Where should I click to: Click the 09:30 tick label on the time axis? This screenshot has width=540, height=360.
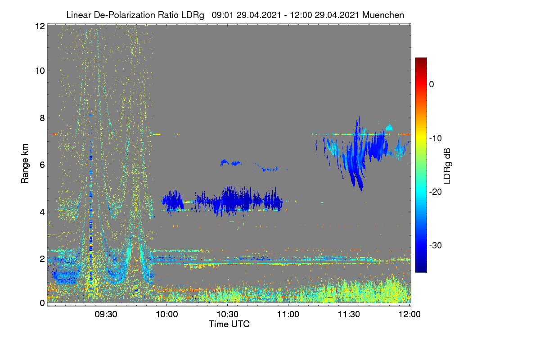click(x=106, y=314)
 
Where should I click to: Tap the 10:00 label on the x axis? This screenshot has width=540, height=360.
click(x=167, y=314)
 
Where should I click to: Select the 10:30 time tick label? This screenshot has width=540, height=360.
click(x=228, y=314)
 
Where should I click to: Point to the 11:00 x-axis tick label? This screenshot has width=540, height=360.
click(x=288, y=314)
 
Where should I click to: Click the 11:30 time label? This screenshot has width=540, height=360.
click(x=349, y=314)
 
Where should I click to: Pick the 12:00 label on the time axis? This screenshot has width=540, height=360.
click(x=409, y=314)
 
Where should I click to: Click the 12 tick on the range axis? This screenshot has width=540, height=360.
click(x=40, y=26)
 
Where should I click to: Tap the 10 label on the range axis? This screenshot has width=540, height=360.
click(x=40, y=71)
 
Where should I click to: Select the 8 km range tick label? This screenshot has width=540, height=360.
click(x=42, y=118)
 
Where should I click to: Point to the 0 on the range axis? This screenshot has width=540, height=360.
click(x=42, y=303)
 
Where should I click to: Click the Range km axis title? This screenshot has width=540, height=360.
click(x=25, y=164)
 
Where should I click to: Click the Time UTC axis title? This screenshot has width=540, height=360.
click(x=229, y=324)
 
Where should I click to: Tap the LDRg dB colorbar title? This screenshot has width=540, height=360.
click(x=447, y=166)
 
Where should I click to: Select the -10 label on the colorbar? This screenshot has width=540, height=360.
click(x=436, y=139)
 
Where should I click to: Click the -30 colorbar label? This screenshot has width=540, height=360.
click(x=436, y=245)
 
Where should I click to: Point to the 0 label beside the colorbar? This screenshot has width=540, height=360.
click(x=432, y=85)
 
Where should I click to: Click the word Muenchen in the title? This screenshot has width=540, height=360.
click(x=383, y=15)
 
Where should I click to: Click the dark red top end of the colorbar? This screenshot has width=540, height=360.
click(x=421, y=59)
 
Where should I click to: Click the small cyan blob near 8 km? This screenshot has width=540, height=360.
click(x=389, y=128)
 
